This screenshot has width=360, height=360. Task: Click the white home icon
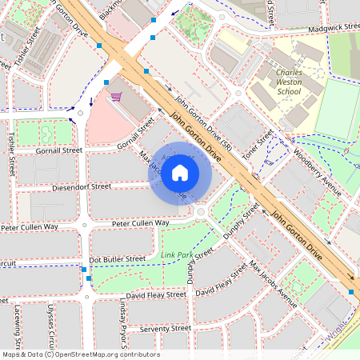[180, 173]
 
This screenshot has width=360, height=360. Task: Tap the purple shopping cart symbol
[116, 98]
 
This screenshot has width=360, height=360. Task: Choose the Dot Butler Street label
[117, 259]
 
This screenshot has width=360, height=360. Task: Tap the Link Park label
[177, 256]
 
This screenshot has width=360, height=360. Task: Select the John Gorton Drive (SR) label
[203, 125]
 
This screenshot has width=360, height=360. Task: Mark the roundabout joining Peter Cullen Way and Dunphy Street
[200, 212]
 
